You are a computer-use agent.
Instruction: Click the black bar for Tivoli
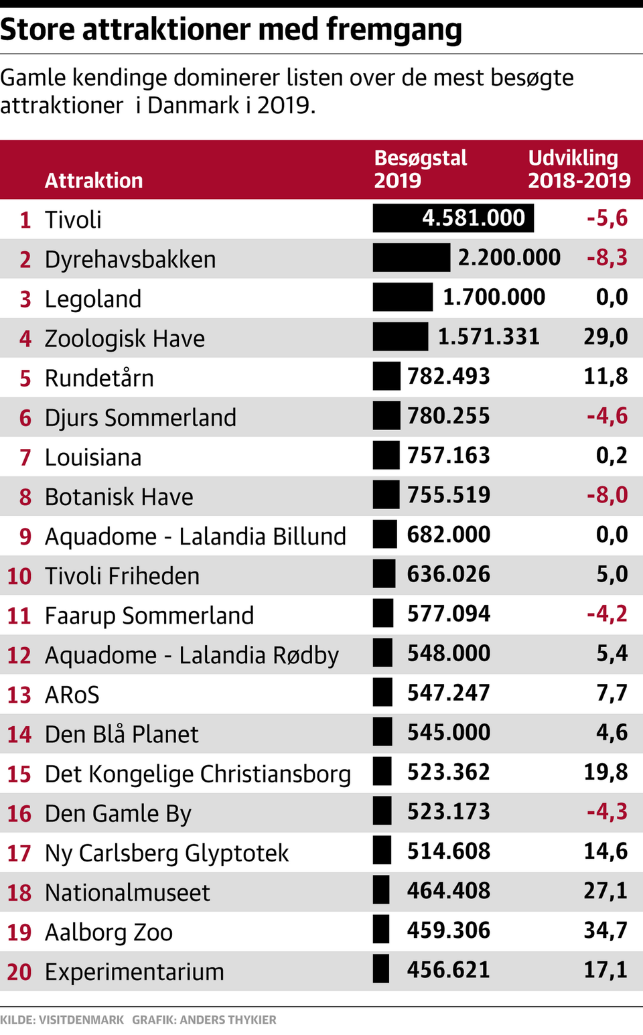pyautogui.click(x=453, y=218)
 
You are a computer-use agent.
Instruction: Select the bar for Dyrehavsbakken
pyautogui.click(x=411, y=258)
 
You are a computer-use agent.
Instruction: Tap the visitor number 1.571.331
pyautogui.click(x=488, y=337)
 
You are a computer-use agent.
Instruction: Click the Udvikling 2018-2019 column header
pyautogui.click(x=579, y=169)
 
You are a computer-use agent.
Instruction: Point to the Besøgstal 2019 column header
pyautogui.click(x=420, y=169)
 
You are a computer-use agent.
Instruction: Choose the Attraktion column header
pyautogui.click(x=94, y=180)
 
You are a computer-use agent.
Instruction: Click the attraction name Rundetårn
pyautogui.click(x=99, y=378)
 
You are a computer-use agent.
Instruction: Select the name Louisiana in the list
pyautogui.click(x=93, y=458)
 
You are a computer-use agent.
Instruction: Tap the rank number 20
pyautogui.click(x=19, y=972)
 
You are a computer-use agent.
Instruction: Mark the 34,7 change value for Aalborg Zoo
pyautogui.click(x=605, y=930)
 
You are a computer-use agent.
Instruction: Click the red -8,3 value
pyautogui.click(x=607, y=258)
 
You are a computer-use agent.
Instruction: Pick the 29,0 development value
pyautogui.click(x=605, y=337)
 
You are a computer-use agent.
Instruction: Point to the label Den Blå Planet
pyautogui.click(x=121, y=734)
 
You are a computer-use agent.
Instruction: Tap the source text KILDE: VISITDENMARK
pyautogui.click(x=62, y=1020)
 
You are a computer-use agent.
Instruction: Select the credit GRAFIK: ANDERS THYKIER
pyautogui.click(x=204, y=1020)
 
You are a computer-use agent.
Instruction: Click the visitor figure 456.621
pyautogui.click(x=448, y=970)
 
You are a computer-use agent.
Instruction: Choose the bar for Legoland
pyautogui.click(x=403, y=297)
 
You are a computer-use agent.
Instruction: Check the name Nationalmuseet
pyautogui.click(x=127, y=892)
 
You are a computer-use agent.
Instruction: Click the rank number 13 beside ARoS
pyautogui.click(x=19, y=695)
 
